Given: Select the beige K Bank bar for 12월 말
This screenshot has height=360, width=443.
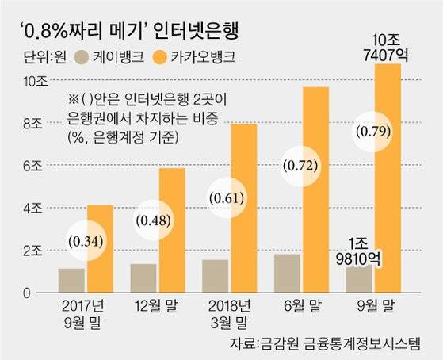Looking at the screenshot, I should [143, 278].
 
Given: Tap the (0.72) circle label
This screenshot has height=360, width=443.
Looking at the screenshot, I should [300, 167].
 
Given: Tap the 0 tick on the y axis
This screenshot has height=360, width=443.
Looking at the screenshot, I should [29, 293].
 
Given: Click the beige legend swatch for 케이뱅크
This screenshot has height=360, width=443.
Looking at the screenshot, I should [79, 57].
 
